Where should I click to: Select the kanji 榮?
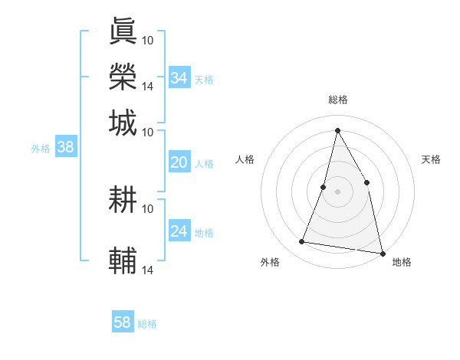tap(123, 77)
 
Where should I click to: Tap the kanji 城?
tap(123, 123)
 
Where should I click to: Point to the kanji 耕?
tap(123, 200)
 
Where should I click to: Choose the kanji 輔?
tap(123, 261)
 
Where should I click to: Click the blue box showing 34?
tap(179, 78)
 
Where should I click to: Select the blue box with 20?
tap(179, 162)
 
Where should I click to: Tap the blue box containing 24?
tap(179, 231)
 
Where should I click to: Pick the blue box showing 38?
tap(65, 148)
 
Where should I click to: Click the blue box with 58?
tap(123, 322)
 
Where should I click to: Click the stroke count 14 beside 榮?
tap(148, 86)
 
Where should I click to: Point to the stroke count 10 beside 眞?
tap(148, 40)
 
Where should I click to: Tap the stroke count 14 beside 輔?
tap(148, 270)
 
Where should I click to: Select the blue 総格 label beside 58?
tap(147, 324)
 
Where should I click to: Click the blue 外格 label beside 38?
tap(41, 149)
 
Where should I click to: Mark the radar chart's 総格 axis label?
tap(338, 100)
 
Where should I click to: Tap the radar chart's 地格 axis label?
tap(402, 262)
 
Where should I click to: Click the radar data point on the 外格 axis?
tap(302, 242)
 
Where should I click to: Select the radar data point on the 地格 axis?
tap(382, 253)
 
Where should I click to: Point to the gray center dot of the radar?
tap(338, 191)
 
